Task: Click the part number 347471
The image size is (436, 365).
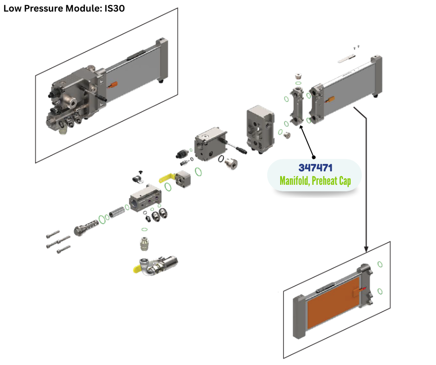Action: (x=315, y=168)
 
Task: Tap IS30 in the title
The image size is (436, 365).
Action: (x=114, y=8)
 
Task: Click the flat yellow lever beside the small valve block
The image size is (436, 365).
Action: (x=170, y=177)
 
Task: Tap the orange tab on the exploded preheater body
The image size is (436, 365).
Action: (x=331, y=99)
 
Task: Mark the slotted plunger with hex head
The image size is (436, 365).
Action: (x=85, y=227)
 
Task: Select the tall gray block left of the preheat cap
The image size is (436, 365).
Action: (x=261, y=127)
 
